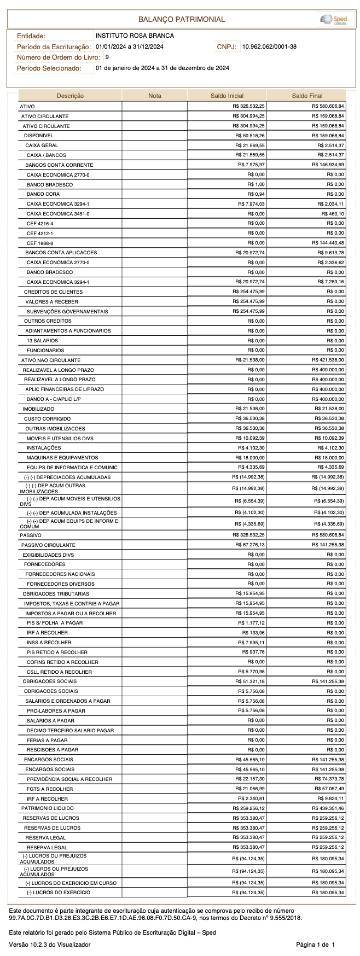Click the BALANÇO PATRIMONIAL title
click(x=181, y=19)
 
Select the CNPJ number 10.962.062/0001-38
click(x=269, y=47)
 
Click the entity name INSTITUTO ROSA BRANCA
click(x=135, y=36)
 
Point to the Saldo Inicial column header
click(x=227, y=96)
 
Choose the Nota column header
click(x=155, y=96)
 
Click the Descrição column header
click(x=70, y=96)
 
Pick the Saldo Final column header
click(x=307, y=96)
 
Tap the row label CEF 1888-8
click(x=40, y=243)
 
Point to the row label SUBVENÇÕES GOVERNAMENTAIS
click(x=67, y=312)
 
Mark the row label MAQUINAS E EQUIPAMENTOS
click(x=62, y=458)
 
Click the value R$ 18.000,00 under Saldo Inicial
click(x=250, y=458)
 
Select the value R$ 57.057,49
click(x=329, y=789)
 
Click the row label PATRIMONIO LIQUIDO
click(x=47, y=808)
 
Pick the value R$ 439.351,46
click(x=328, y=808)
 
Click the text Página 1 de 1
click(x=315, y=945)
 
